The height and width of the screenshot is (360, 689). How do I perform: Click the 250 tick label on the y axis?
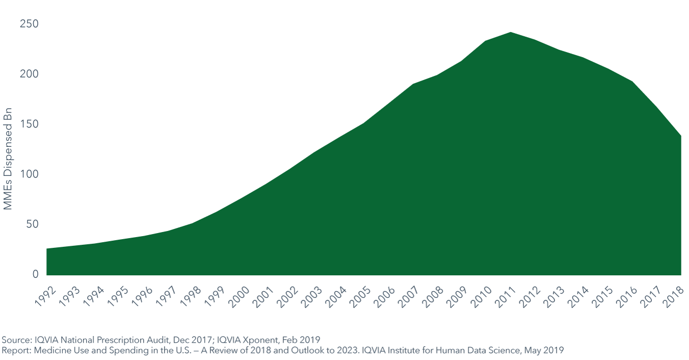(x=30, y=24)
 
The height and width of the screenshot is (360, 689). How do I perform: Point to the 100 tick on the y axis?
(x=30, y=174)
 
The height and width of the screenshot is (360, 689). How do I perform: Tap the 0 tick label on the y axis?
(x=35, y=274)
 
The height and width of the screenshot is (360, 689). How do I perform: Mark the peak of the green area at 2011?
(x=511, y=33)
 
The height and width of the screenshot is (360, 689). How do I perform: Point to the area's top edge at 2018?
(x=681, y=136)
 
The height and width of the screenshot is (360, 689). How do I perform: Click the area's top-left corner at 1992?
(x=47, y=249)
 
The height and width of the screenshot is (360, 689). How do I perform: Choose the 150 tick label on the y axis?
(x=30, y=124)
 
